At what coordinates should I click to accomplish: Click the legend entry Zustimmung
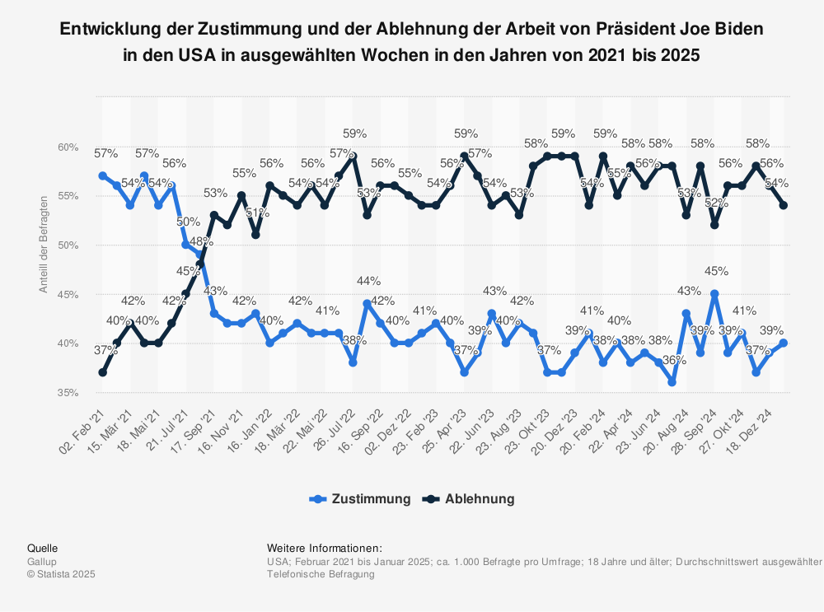(370, 498)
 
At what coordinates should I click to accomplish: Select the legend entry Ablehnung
(479, 498)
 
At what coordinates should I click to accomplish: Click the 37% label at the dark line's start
(105, 350)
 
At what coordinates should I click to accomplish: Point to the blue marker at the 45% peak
(714, 294)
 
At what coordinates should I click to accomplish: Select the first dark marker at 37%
(102, 372)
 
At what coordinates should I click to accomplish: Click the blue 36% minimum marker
(672, 382)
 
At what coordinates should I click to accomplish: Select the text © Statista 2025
(61, 574)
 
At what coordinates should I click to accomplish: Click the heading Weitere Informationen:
(325, 548)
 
